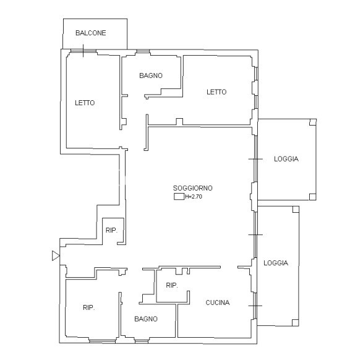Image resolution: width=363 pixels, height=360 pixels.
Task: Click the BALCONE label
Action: [x=91, y=33]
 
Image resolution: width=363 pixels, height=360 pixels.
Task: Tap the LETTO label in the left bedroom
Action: [x=85, y=103]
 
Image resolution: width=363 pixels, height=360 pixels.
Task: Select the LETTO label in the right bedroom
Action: [x=216, y=92]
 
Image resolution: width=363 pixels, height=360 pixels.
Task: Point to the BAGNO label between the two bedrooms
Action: [x=151, y=75]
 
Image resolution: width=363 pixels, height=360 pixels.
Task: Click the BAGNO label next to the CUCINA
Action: [x=146, y=319]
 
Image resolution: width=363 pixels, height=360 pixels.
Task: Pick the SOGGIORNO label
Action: [x=192, y=188]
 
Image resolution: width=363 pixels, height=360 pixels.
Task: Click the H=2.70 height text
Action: [x=194, y=197]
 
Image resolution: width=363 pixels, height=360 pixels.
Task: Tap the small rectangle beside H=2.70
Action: [x=179, y=197]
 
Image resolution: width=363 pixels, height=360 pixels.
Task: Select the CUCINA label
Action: [x=218, y=302]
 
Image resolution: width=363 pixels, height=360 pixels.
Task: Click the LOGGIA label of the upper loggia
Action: [x=286, y=159]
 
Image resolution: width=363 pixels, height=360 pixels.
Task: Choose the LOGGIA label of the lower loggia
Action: [x=276, y=263]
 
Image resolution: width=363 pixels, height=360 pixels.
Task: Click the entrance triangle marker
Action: [x=56, y=256]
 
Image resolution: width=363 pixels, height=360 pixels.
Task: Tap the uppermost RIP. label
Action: [x=111, y=230]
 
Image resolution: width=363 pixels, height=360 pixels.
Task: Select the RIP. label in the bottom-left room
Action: [x=89, y=307]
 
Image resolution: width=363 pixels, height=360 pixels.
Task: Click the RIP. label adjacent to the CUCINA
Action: [x=172, y=285]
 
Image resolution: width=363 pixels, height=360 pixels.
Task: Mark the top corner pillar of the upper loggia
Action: [x=313, y=122]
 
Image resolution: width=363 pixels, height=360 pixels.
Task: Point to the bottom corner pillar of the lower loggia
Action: [x=296, y=322]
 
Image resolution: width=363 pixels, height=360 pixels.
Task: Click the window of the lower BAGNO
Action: [x=142, y=341]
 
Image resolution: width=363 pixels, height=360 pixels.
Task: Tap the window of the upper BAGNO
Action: [x=143, y=51]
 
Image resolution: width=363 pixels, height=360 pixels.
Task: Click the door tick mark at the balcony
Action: [x=83, y=51]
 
